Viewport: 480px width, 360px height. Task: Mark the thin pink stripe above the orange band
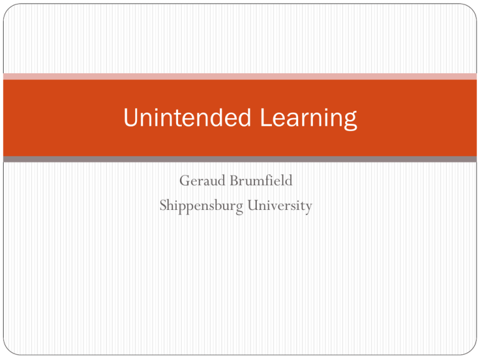(240, 76)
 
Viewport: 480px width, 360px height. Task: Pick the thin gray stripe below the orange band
(240, 159)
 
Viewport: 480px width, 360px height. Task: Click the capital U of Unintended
(130, 117)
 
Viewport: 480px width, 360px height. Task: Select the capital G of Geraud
(184, 182)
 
